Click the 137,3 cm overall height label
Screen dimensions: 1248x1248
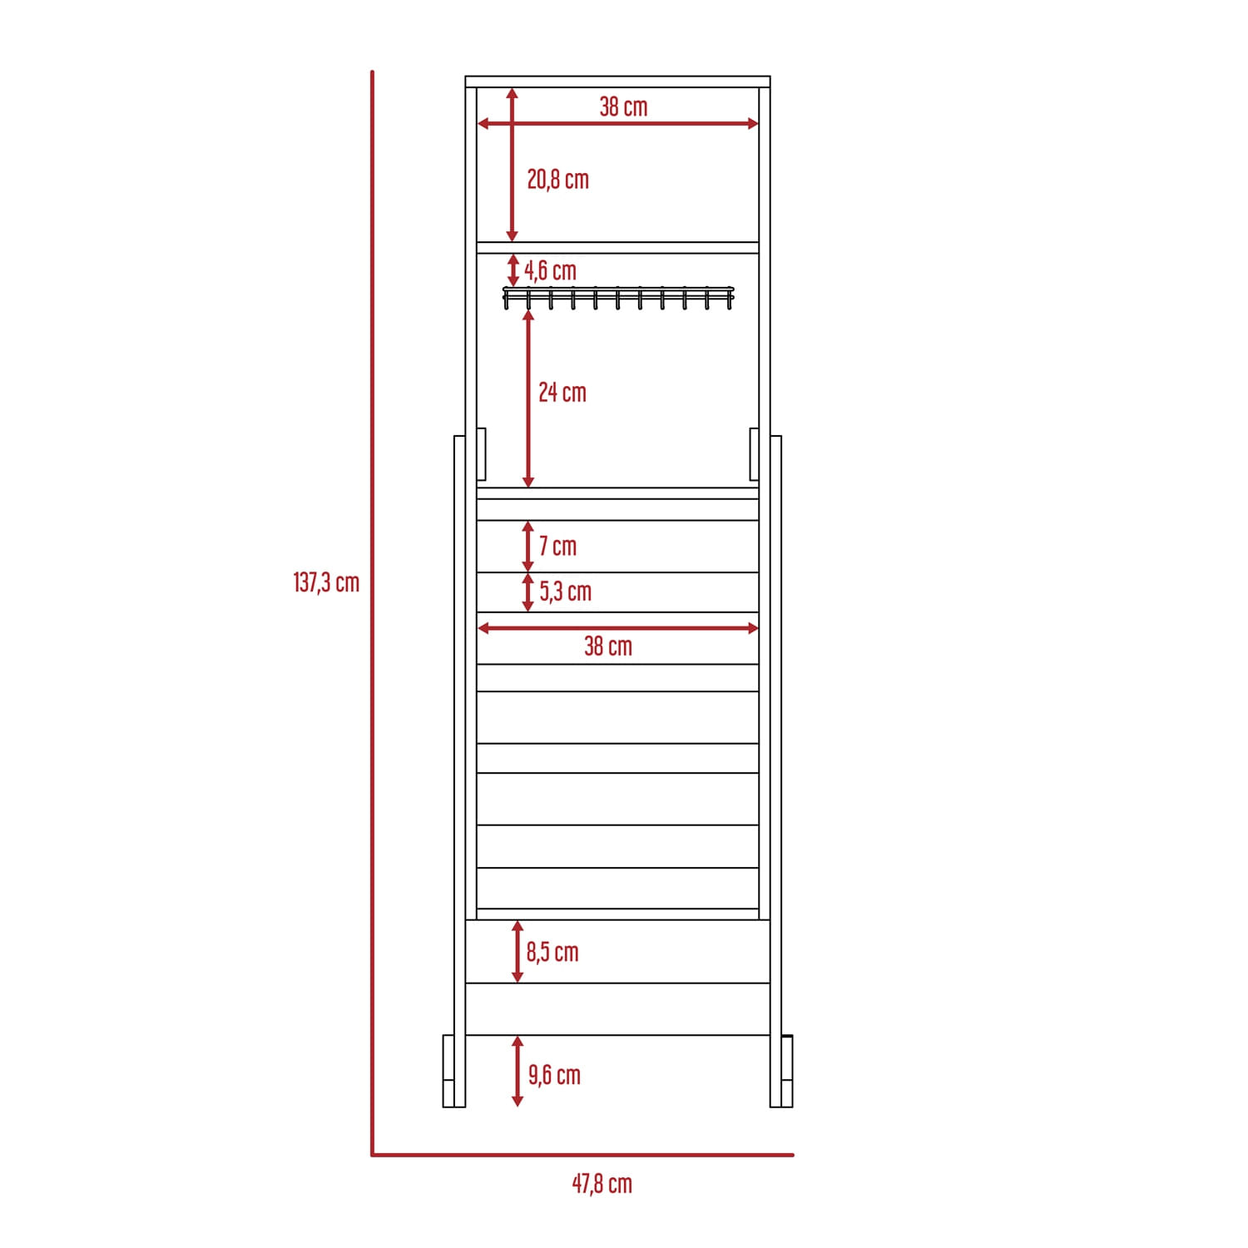[x=326, y=582]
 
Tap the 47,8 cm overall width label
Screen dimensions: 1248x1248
[x=602, y=1183]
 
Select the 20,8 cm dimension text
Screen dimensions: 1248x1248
[x=557, y=179]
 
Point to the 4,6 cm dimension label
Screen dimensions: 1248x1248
[x=550, y=270]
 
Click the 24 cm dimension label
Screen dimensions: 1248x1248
[x=562, y=392]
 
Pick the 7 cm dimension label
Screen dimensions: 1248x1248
[x=557, y=546]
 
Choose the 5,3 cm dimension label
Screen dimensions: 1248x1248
[x=566, y=592]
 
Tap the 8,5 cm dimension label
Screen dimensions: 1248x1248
[x=552, y=952]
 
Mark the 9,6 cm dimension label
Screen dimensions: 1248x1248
[x=554, y=1075]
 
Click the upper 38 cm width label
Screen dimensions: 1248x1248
[x=623, y=106]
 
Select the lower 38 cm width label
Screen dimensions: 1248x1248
[x=608, y=646]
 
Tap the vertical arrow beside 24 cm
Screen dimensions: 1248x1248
[x=528, y=399]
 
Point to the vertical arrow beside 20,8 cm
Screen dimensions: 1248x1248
[x=512, y=165]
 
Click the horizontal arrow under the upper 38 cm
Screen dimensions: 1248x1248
[x=617, y=124]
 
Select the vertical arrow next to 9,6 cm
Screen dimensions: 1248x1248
[x=518, y=1072]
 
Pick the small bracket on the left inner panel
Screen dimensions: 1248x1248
[x=481, y=454]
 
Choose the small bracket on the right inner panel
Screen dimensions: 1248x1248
[x=754, y=454]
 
